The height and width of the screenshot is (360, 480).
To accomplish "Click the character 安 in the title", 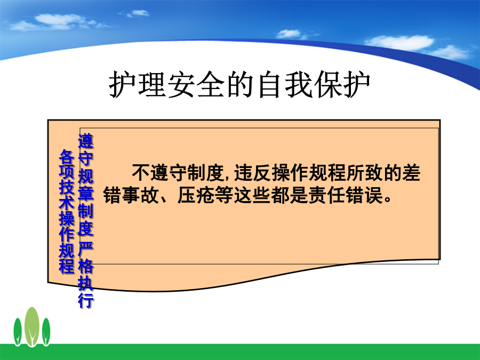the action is click(x=181, y=84).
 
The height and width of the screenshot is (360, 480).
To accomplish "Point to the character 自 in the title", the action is click(x=269, y=84).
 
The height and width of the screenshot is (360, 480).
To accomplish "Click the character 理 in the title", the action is click(x=152, y=84).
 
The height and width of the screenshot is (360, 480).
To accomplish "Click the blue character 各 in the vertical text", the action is click(x=67, y=156).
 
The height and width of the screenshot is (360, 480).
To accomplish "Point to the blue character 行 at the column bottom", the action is click(x=86, y=300).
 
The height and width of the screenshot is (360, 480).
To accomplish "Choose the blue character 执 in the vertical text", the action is click(x=86, y=283).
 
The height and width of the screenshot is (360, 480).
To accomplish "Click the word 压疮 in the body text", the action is click(x=196, y=195).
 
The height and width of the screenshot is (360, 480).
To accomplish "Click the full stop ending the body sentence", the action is click(x=388, y=199).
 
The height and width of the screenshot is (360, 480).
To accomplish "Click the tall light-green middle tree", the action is click(x=32, y=326).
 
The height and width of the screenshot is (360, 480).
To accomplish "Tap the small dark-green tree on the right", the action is click(x=46, y=332).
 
